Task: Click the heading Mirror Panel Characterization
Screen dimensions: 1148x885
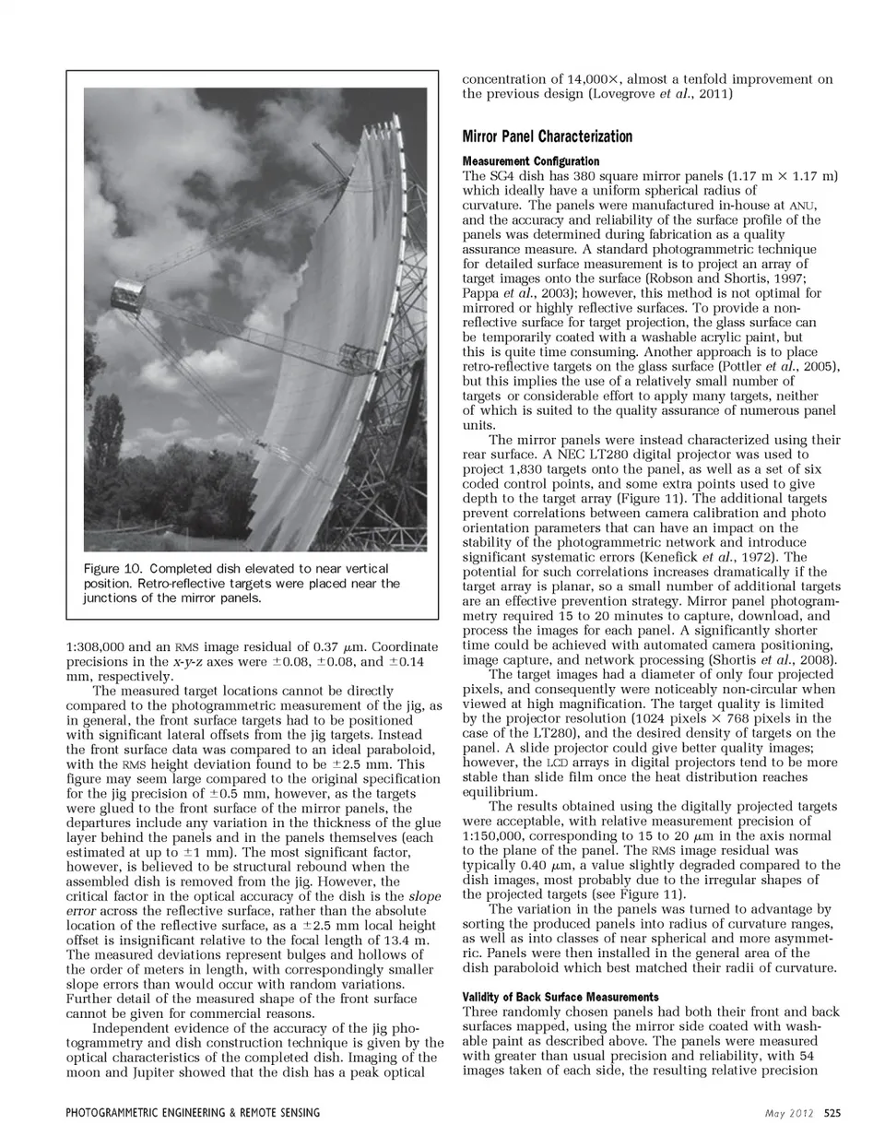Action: pyautogui.click(x=547, y=136)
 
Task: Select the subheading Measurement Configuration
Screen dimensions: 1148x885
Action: pyautogui.click(x=530, y=161)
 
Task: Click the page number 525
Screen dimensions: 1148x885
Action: pyautogui.click(x=832, y=1113)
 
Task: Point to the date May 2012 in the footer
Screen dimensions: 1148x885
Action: pyautogui.click(x=789, y=1113)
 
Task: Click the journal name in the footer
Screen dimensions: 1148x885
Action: pyautogui.click(x=193, y=1113)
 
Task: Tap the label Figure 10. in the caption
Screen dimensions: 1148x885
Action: pyautogui.click(x=112, y=569)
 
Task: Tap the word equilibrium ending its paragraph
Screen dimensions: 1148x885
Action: pyautogui.click(x=499, y=792)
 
